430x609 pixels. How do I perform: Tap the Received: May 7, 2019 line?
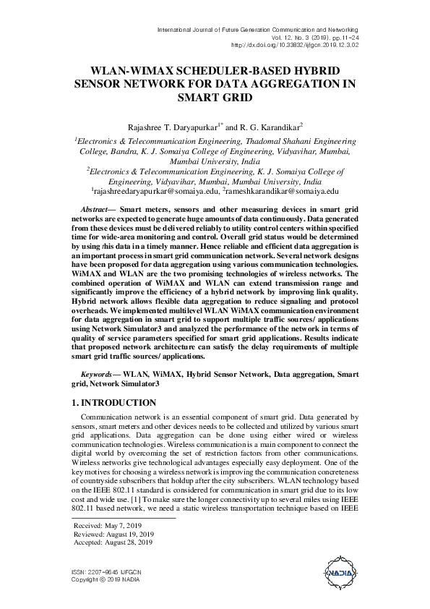tap(109, 524)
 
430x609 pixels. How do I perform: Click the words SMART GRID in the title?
tap(215, 96)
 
